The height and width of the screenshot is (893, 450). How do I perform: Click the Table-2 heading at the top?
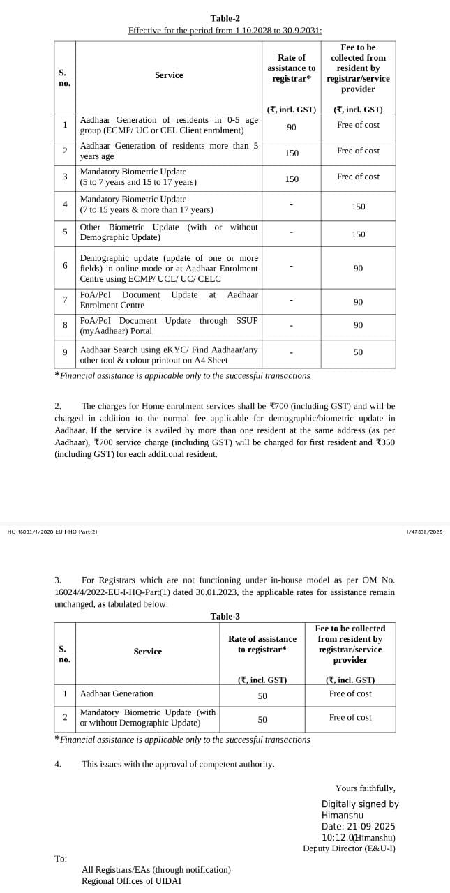pyautogui.click(x=225, y=18)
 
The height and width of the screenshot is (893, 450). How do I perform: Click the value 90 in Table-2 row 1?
pyautogui.click(x=292, y=127)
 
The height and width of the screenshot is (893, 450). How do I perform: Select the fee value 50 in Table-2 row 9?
pyautogui.click(x=358, y=352)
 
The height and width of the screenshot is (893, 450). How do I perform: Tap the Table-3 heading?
pyautogui.click(x=225, y=616)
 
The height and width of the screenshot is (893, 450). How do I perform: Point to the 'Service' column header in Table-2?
pyautogui.click(x=169, y=75)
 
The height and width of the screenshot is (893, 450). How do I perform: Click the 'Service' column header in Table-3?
pyautogui.click(x=148, y=652)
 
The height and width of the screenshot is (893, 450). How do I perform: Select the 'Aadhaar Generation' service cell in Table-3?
pyautogui.click(x=117, y=693)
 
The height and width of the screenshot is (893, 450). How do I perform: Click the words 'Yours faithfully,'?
pyautogui.click(x=365, y=788)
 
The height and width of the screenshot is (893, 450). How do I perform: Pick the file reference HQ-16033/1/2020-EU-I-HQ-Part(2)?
pyautogui.click(x=52, y=532)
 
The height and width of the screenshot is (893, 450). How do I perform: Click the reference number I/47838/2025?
pyautogui.click(x=423, y=532)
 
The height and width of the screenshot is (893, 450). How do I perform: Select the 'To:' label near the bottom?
pyautogui.click(x=61, y=859)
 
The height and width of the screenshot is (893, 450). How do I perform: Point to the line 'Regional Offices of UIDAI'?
pyautogui.click(x=131, y=880)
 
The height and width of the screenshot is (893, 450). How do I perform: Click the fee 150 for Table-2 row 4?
pyautogui.click(x=358, y=207)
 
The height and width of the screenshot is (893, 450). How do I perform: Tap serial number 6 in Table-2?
pyautogui.click(x=65, y=266)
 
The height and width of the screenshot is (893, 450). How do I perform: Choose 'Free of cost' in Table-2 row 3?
pyautogui.click(x=358, y=177)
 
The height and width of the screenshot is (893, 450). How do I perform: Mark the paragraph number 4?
pyautogui.click(x=57, y=764)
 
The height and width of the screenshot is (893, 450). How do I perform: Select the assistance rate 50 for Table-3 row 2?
pyautogui.click(x=262, y=719)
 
